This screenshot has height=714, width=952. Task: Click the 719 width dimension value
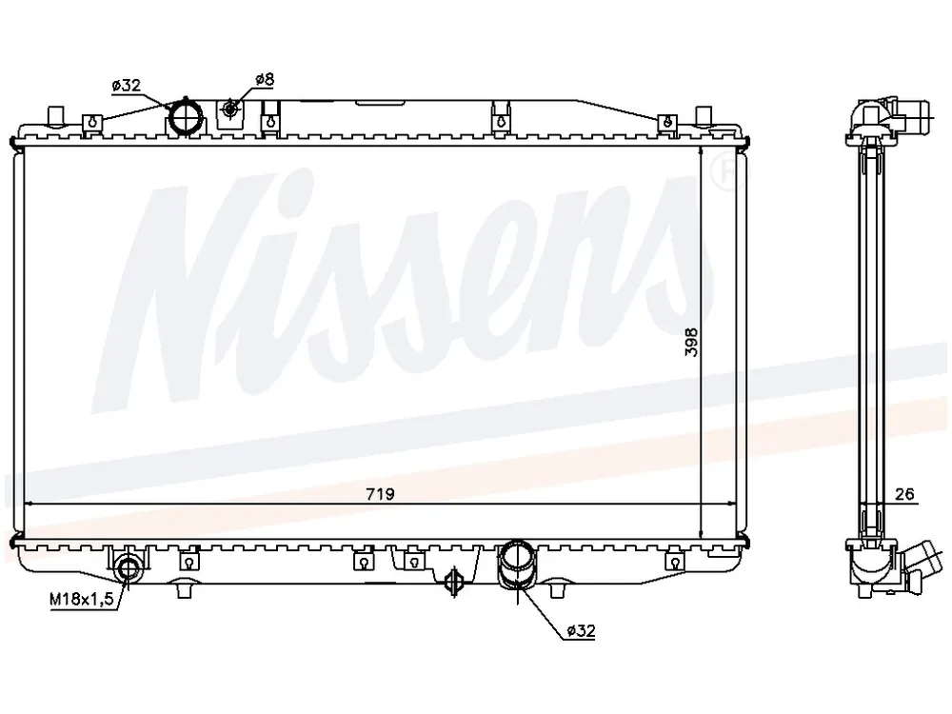pyautogui.click(x=380, y=494)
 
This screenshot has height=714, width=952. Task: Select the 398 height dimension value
pyautogui.click(x=691, y=342)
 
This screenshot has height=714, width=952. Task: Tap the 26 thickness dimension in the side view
pyautogui.click(x=904, y=494)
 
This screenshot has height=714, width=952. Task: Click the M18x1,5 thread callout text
pyautogui.click(x=81, y=600)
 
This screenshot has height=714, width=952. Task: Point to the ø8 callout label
pyautogui.click(x=265, y=79)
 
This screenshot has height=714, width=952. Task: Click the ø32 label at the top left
pyautogui.click(x=127, y=86)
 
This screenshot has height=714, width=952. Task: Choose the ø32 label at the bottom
pyautogui.click(x=581, y=631)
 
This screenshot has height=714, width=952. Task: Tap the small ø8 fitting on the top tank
pyautogui.click(x=230, y=109)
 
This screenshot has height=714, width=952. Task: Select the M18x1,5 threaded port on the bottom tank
pyautogui.click(x=129, y=569)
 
